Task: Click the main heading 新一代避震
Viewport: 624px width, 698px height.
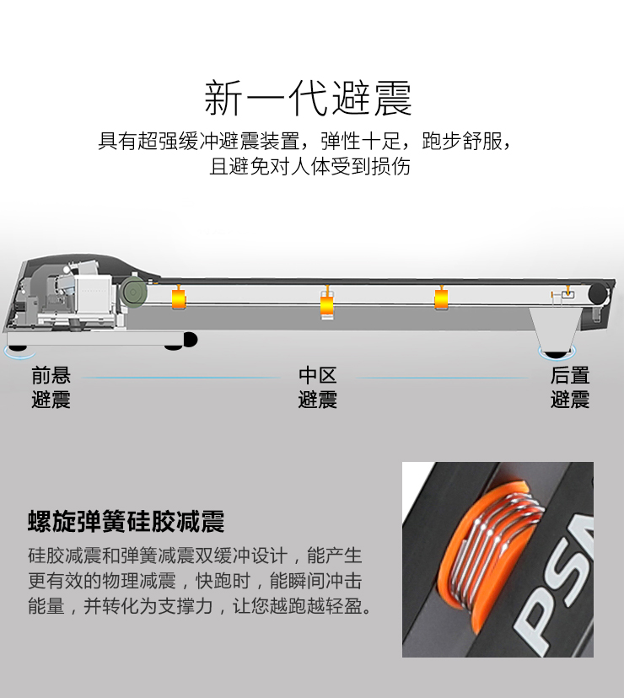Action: coord(308,98)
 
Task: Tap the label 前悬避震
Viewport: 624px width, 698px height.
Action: coord(51,387)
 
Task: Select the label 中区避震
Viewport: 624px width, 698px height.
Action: coord(318,387)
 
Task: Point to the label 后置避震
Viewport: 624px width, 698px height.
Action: coord(570,387)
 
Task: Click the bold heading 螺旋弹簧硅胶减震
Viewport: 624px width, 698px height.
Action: coord(126,521)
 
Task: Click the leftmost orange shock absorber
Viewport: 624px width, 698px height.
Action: coord(179,298)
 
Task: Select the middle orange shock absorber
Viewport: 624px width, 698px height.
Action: coord(327,305)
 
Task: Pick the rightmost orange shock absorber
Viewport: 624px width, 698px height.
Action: coord(441,298)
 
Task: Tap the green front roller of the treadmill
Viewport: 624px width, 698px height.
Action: coord(135,292)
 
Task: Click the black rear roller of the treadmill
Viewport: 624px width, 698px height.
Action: coord(598,294)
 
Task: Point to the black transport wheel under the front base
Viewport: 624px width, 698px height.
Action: coord(191,340)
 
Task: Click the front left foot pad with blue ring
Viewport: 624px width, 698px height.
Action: coord(19,351)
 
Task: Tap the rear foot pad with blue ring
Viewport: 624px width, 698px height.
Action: coord(557,352)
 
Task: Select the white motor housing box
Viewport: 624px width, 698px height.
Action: coord(93,293)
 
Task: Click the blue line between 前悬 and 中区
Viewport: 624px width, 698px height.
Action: coord(180,378)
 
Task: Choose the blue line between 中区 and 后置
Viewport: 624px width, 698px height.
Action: coord(441,378)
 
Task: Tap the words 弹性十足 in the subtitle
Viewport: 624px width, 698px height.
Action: coord(360,141)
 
